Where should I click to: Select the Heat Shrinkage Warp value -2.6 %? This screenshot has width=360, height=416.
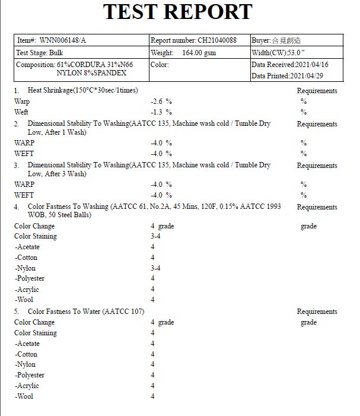click(x=161, y=101)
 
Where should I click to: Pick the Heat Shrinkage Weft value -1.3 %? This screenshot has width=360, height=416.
click(x=161, y=112)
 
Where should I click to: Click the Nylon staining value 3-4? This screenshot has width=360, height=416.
click(x=155, y=268)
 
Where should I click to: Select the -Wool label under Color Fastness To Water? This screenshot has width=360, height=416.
click(x=25, y=396)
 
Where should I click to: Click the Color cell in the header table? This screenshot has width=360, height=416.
click(x=160, y=65)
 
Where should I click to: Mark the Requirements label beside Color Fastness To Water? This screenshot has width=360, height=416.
click(x=317, y=312)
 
